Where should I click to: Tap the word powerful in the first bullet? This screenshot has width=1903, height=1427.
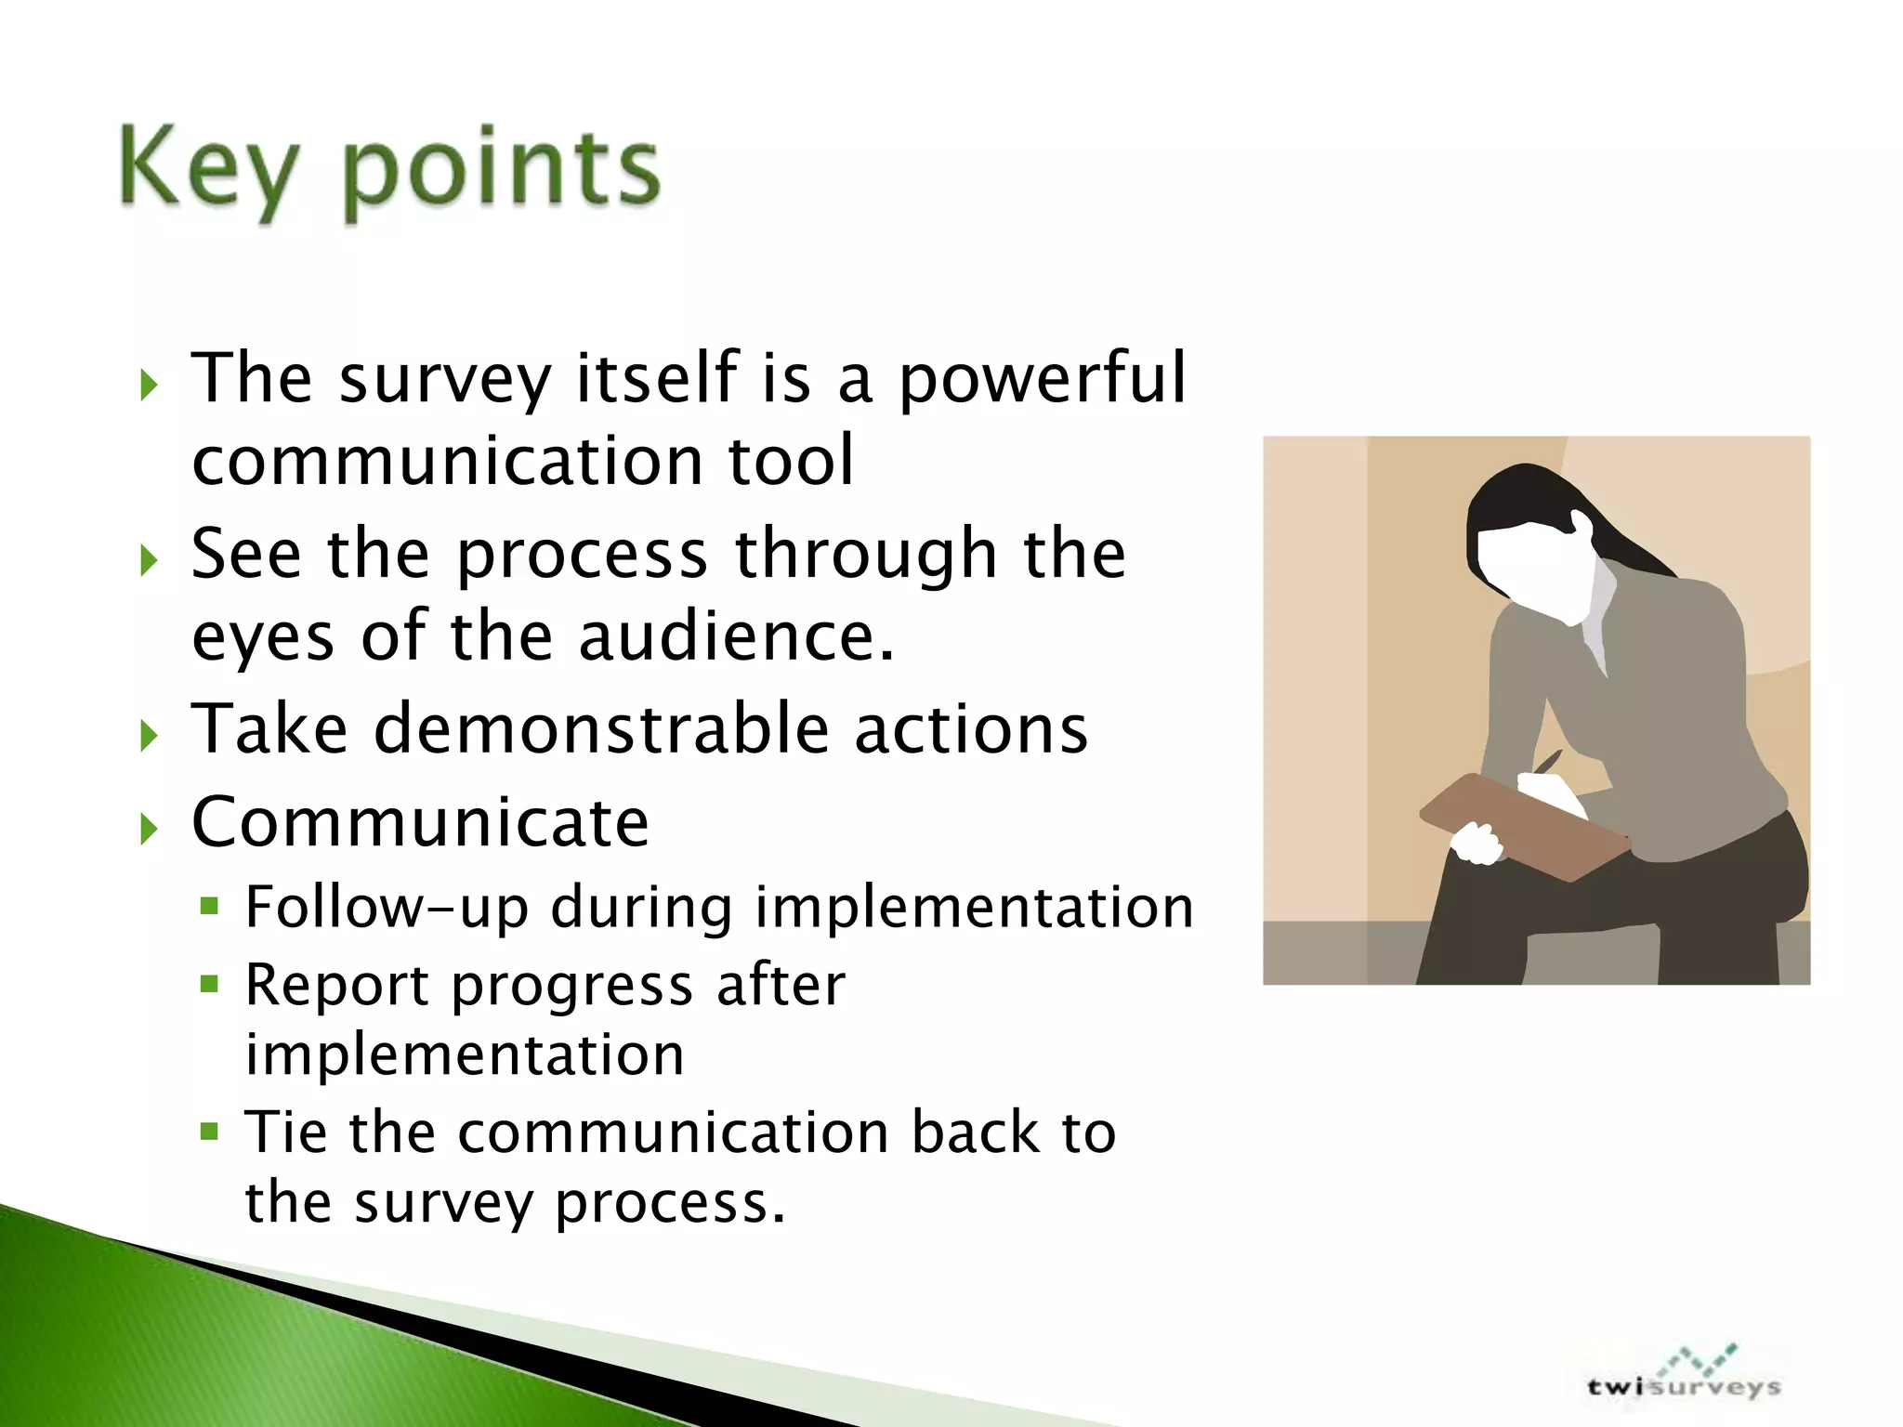(x=1042, y=379)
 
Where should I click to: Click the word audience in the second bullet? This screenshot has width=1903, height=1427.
(x=736, y=636)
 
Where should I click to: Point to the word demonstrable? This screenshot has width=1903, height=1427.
(x=601, y=728)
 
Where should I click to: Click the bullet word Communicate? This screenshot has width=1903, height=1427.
(x=420, y=823)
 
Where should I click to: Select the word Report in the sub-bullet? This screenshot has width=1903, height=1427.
(x=336, y=986)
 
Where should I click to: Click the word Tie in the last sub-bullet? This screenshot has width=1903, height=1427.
(x=285, y=1132)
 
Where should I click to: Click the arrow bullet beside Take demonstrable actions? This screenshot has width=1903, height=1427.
(x=149, y=737)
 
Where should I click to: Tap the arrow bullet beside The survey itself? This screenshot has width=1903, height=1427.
(x=149, y=385)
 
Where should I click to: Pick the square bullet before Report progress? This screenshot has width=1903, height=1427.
(x=210, y=983)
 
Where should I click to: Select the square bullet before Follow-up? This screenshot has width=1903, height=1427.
(x=210, y=905)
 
